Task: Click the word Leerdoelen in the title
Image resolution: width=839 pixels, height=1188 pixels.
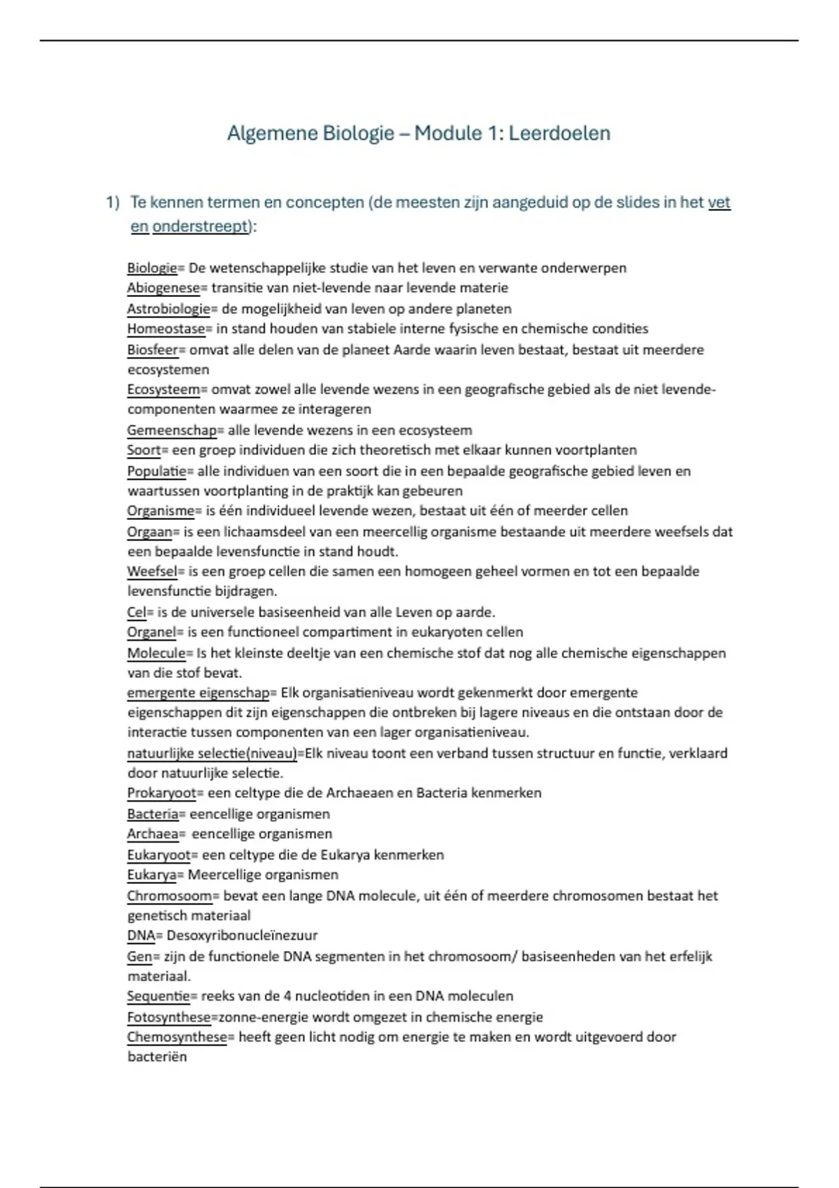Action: [559, 133]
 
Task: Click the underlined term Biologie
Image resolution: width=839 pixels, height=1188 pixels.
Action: [152, 268]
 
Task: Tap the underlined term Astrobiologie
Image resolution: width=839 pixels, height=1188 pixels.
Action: [168, 309]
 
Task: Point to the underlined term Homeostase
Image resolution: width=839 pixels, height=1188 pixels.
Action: [166, 328]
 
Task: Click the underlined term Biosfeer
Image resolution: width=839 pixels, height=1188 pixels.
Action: [152, 349]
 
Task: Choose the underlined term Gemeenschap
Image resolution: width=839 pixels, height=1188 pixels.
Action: [171, 430]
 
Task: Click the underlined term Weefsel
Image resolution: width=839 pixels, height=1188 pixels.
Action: [152, 572]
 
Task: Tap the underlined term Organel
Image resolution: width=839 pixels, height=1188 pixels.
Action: [151, 632]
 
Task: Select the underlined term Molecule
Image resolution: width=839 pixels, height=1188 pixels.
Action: [156, 653]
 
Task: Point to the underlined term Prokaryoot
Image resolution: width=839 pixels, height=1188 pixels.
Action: [162, 793]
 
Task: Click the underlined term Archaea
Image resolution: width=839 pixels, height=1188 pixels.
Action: [152, 834]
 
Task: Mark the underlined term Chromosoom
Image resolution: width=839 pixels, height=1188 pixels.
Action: [169, 896]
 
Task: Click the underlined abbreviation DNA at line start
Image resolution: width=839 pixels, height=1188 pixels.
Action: [141, 936]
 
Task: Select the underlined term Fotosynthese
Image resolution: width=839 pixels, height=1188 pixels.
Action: [168, 1017]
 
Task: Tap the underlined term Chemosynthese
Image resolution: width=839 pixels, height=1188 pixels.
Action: [177, 1037]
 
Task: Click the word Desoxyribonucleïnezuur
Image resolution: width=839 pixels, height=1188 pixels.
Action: [242, 936]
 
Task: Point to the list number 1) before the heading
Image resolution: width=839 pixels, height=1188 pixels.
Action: [113, 203]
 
